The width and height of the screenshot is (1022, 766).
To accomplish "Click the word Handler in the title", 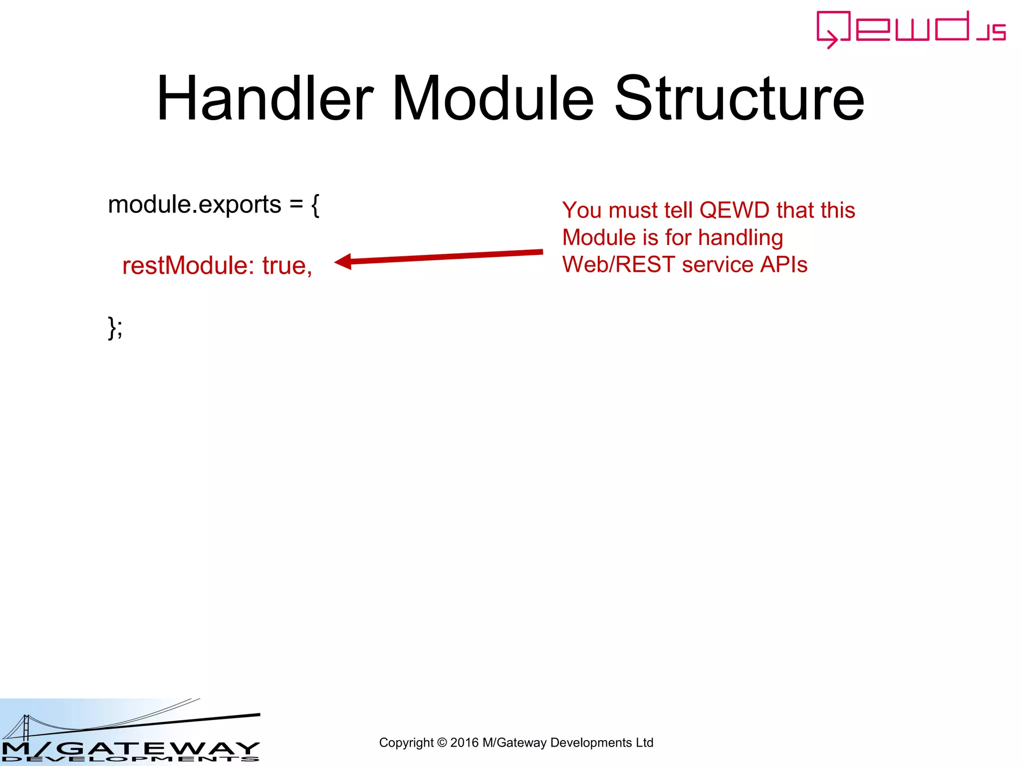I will pos(265,98).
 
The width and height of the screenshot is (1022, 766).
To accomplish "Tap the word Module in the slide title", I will pos(493,98).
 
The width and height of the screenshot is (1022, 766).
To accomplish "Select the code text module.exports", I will pos(195,205).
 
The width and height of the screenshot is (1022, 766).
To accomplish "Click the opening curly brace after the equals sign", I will pos(315,205).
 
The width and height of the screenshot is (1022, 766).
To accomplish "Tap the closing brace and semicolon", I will pos(115,328).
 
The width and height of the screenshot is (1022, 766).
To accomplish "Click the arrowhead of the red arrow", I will pos(343,261).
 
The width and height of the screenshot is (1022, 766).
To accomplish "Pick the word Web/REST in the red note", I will pos(618,265).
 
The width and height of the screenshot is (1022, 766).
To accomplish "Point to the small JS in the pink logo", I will pos(992,32).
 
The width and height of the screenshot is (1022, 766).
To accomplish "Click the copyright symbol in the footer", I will pos(442,743).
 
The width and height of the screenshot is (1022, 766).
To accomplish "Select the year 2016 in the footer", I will pos(464,743).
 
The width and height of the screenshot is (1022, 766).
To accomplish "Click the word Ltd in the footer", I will pos(644,743).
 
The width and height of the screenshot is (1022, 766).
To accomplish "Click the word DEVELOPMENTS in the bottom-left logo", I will pos(130,759).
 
